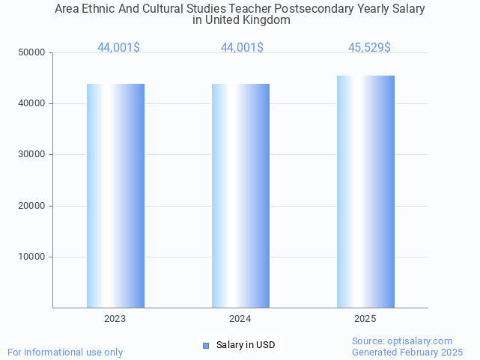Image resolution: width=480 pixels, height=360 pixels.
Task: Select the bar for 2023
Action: [x=115, y=195]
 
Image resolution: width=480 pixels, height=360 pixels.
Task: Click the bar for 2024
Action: [x=240, y=195]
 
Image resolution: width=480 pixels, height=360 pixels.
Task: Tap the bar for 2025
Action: [x=365, y=192]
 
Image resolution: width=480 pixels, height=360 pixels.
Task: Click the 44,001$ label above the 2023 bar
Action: [x=118, y=48]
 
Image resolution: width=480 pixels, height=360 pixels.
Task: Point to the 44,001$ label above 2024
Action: [x=242, y=48]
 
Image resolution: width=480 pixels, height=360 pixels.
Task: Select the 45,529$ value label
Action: [x=369, y=48]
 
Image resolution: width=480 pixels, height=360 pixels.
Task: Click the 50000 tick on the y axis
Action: [x=32, y=52]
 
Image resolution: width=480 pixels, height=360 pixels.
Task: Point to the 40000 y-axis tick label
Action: [x=32, y=103]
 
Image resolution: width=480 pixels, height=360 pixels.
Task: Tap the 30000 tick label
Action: [x=32, y=154]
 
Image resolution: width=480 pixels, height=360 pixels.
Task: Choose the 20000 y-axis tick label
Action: [x=32, y=206]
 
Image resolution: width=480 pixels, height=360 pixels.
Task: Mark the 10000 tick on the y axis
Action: [x=32, y=257]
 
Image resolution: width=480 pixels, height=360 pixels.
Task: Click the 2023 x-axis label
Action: [x=115, y=319]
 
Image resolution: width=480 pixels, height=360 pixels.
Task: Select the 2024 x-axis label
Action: [x=240, y=319]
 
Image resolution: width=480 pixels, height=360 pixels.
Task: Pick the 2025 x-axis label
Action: [x=365, y=319]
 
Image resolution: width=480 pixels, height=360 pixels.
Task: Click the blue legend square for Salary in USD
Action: [x=206, y=345]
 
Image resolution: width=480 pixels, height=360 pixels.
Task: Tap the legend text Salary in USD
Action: [x=246, y=345]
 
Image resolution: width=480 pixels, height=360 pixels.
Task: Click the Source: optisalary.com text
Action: [x=402, y=341]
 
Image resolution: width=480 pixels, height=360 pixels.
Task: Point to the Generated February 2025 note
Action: [x=407, y=352]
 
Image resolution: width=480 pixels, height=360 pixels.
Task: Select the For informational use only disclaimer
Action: [x=65, y=352]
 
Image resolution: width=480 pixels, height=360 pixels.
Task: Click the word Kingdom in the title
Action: [x=267, y=20]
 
